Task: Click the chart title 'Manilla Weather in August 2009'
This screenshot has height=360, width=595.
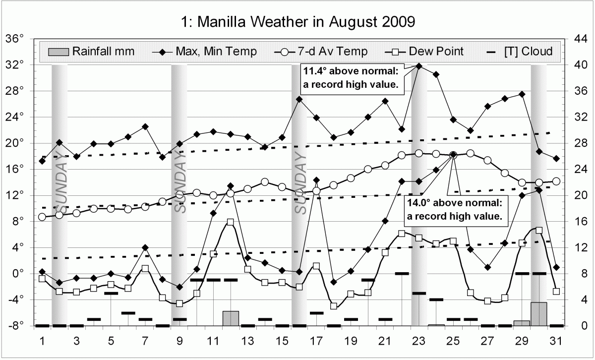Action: (297, 22)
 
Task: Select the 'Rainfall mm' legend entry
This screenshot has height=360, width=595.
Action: (91, 51)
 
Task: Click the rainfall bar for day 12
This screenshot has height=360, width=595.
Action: (231, 318)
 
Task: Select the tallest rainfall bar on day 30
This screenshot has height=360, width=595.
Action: (539, 314)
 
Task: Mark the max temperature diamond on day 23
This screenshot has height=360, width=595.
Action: (419, 65)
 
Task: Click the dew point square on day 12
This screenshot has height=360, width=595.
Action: (231, 222)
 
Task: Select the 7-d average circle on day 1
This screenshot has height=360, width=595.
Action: (42, 217)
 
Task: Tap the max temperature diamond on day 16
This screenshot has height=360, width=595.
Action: (299, 99)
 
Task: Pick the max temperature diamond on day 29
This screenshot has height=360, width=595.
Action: (522, 94)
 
